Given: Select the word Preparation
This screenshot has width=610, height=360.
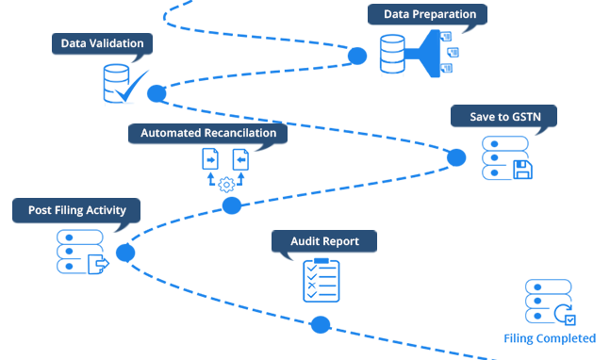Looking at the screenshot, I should click(445, 14).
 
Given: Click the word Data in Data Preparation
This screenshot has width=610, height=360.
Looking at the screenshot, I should click(398, 14).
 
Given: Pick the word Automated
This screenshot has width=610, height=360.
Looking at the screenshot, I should click(171, 133).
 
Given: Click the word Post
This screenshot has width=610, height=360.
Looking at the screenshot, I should click(41, 210).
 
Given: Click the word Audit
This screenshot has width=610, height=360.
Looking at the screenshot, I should click(305, 241).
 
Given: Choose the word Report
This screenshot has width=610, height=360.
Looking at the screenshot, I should click(341, 241).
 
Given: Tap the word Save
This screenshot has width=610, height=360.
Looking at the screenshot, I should click(484, 117).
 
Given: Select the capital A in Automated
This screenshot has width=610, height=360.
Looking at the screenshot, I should click(145, 133).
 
